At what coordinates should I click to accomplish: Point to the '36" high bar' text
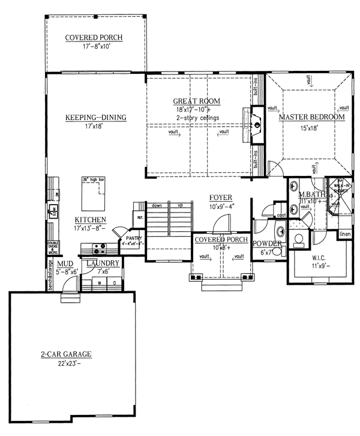click(x=93, y=180)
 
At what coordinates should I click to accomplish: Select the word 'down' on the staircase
click(x=158, y=205)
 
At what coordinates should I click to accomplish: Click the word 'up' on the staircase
click(x=178, y=205)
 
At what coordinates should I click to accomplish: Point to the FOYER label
click(x=221, y=198)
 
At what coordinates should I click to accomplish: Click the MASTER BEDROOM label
click(x=311, y=117)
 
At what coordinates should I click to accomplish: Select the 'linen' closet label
click(x=344, y=234)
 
